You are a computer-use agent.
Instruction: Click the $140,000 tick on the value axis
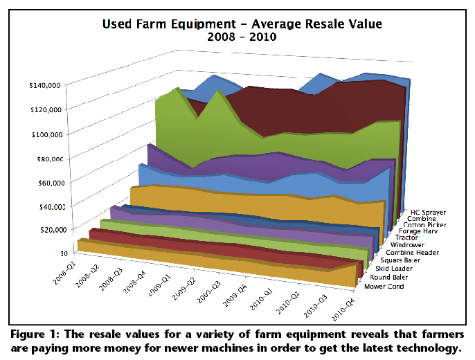pos(45,85)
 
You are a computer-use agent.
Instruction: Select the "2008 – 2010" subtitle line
pos(242,37)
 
